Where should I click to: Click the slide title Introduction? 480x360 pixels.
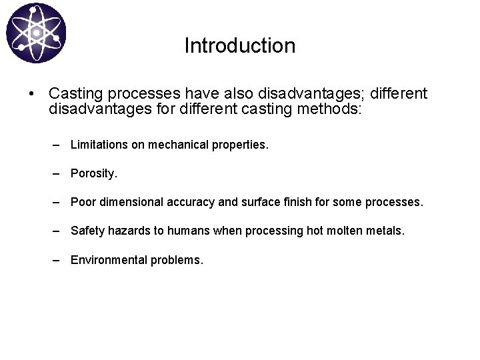point(239,46)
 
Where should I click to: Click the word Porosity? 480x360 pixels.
point(93,173)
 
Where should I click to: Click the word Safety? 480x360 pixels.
point(87,231)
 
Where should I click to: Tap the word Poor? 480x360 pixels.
point(83,202)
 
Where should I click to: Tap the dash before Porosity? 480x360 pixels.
point(58,173)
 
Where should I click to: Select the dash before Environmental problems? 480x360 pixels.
point(58,260)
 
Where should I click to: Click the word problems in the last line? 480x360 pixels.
point(177,260)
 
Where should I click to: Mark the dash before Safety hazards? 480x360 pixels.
point(58,231)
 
